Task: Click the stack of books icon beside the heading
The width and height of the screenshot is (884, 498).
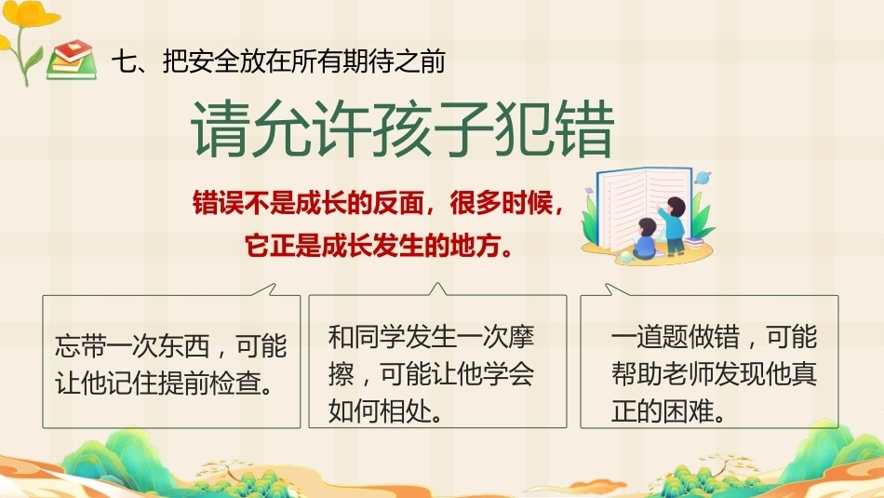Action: pyautogui.click(x=72, y=60)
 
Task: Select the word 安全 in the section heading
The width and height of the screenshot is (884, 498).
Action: pyautogui.click(x=201, y=61)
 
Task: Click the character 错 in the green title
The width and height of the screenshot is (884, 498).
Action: pyautogui.click(x=585, y=129)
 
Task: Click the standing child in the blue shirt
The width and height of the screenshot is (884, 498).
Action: pyautogui.click(x=673, y=224)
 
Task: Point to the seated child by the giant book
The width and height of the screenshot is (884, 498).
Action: pyautogui.click(x=645, y=240)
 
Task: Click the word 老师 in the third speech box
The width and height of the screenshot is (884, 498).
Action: pyautogui.click(x=689, y=374)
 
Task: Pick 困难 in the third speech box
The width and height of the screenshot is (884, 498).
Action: pyautogui.click(x=689, y=411)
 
